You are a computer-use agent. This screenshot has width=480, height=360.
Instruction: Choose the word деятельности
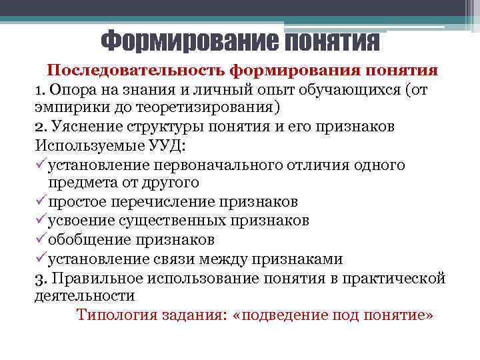[x=85, y=295]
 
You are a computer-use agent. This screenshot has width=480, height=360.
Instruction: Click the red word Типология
[x=117, y=315]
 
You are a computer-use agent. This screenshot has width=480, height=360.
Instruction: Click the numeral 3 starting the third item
[x=38, y=278]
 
